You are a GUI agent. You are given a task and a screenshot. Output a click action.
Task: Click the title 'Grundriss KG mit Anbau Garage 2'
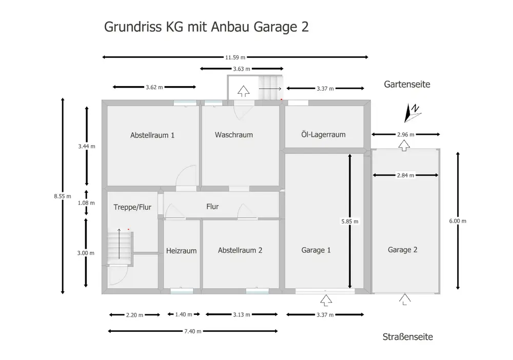(206, 27)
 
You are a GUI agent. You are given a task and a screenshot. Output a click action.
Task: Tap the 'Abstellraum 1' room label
(152, 135)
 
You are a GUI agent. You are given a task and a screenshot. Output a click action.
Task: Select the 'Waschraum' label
(234, 135)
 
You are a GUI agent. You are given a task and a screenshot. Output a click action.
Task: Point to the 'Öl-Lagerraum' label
(323, 134)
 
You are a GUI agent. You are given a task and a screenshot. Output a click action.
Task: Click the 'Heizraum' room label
(182, 251)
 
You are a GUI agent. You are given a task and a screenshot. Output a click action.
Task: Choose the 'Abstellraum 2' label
(240, 250)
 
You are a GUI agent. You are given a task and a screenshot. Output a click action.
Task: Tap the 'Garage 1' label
(316, 250)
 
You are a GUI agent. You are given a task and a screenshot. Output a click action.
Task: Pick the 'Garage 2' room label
(403, 250)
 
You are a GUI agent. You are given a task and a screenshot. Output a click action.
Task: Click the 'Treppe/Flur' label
(132, 207)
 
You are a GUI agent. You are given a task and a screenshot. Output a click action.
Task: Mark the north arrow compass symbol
(412, 113)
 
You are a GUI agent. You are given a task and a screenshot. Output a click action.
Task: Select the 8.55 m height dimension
(63, 195)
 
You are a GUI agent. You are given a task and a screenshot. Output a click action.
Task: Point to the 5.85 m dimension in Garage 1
(349, 222)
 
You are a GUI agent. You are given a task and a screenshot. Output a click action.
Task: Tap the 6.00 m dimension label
(458, 221)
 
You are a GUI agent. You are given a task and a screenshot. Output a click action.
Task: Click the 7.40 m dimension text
(193, 331)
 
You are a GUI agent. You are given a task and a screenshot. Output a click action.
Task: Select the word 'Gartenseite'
(407, 84)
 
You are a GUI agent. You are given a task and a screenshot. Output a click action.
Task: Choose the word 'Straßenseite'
(408, 337)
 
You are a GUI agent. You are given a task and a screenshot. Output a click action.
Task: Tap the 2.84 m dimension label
(405, 175)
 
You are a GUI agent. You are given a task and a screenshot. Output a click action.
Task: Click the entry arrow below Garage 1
(325, 299)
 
